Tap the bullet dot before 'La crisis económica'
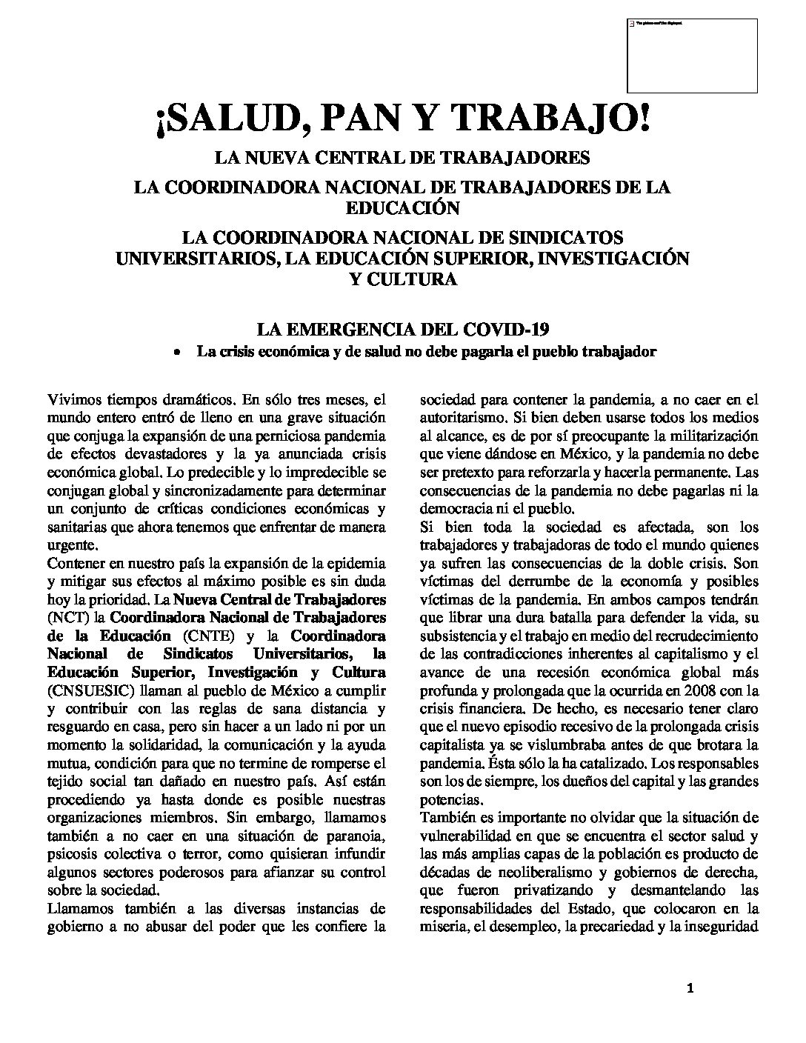pyautogui.click(x=176, y=353)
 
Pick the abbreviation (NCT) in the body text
pyautogui.click(x=65, y=617)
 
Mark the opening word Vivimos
pyautogui.click(x=73, y=400)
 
